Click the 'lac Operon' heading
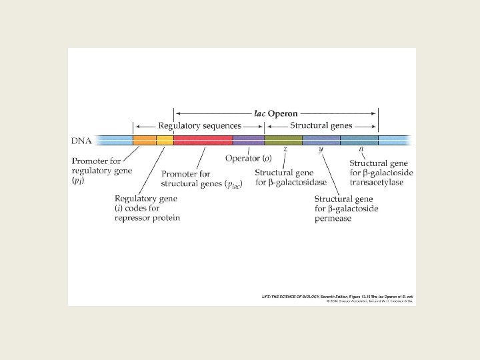coord(275,113)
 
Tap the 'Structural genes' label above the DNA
coord(321,125)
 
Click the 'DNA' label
coord(81,141)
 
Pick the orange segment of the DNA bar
coord(145,140)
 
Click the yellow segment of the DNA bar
coord(165,140)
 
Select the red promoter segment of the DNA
coord(203,140)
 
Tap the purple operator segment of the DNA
coord(248,140)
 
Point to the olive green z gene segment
coord(283,140)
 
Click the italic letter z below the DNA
coord(285,149)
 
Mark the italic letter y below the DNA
coord(321,149)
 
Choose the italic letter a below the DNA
coord(361,149)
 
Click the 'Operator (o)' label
coord(248,158)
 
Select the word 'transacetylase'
coord(377,182)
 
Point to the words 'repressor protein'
coord(147,217)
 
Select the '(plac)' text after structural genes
coord(233,184)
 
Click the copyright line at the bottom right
coord(369,301)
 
